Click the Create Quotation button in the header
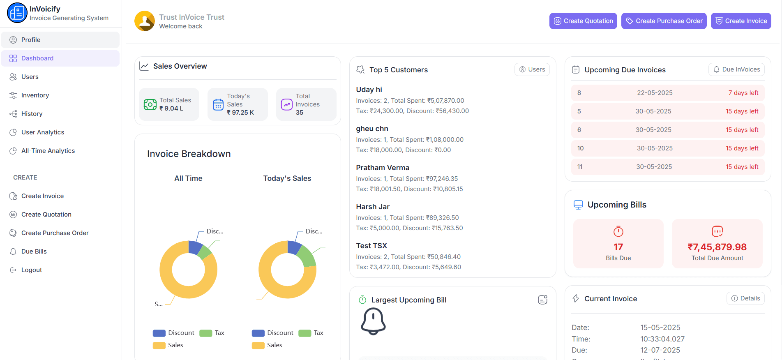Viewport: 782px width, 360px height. (x=583, y=21)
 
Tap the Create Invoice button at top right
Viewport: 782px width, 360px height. (x=741, y=21)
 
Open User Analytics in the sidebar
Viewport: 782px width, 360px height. (x=43, y=132)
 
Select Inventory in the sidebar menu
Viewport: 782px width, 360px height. (x=35, y=95)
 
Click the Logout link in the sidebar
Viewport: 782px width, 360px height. (x=31, y=270)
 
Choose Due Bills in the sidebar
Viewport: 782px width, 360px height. (x=34, y=252)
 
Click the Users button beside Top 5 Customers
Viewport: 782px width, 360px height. (x=532, y=69)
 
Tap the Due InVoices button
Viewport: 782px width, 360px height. (x=736, y=69)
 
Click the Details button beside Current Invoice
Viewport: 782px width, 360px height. (x=745, y=298)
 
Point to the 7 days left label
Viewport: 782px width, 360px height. (x=743, y=93)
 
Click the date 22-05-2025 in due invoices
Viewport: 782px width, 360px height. (x=655, y=93)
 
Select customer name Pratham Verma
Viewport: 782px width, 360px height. (x=383, y=168)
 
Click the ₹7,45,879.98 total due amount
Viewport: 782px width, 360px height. (x=717, y=247)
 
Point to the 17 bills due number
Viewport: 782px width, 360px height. (x=618, y=247)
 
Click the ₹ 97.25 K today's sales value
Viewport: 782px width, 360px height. (x=240, y=113)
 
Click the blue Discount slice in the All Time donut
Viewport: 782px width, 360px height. (x=194, y=247)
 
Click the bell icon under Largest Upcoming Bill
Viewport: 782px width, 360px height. (x=373, y=321)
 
